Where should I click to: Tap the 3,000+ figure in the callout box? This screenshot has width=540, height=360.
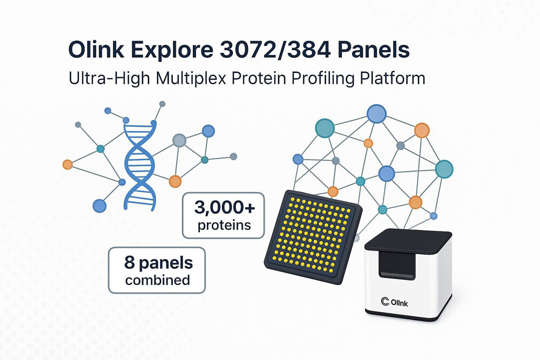click(x=224, y=208)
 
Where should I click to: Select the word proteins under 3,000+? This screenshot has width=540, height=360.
click(x=224, y=225)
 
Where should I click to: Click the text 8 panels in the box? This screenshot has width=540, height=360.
click(x=158, y=264)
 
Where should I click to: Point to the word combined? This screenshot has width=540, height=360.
click(x=158, y=280)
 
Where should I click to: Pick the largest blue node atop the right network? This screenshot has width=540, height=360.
click(x=376, y=114)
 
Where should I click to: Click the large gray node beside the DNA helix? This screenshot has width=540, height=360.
click(x=179, y=141)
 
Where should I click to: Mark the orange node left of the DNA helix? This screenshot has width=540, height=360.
click(x=67, y=164)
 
